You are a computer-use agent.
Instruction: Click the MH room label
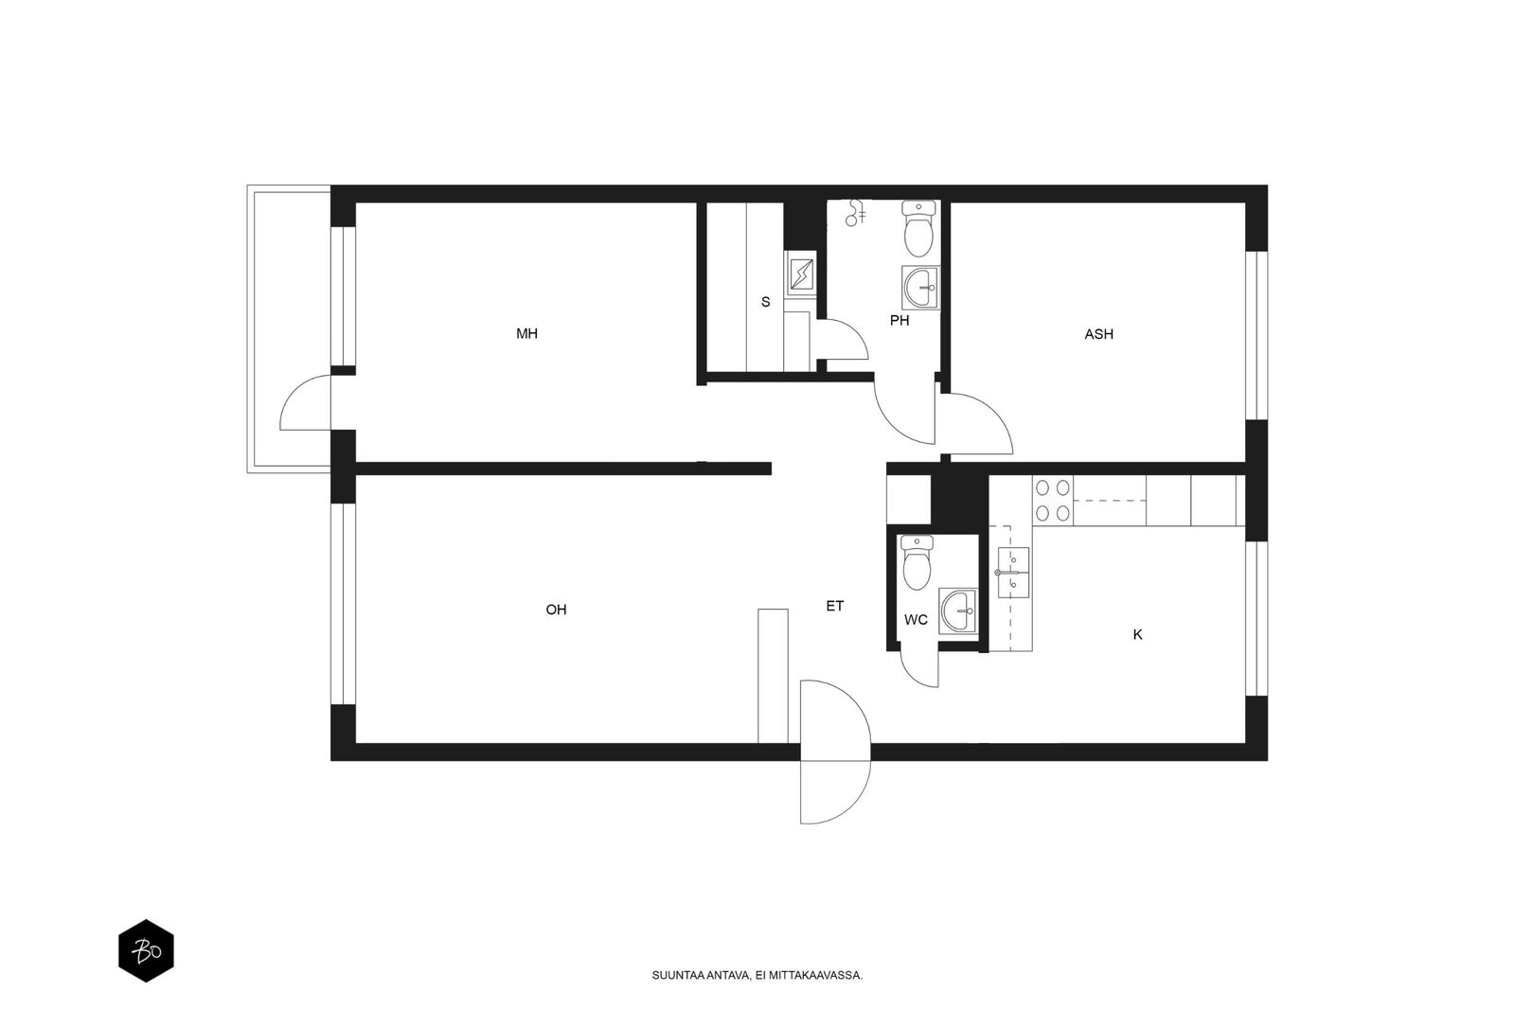click(526, 333)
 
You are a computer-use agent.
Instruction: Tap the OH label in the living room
click(556, 610)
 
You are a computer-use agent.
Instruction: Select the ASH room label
click(1098, 334)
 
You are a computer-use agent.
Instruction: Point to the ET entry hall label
click(834, 607)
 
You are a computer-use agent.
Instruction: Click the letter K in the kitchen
click(1137, 635)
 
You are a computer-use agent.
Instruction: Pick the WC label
click(916, 620)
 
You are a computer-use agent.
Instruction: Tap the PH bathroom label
click(899, 321)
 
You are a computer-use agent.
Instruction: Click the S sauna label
click(766, 302)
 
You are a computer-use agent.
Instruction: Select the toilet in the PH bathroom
click(918, 228)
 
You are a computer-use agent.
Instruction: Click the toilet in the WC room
click(918, 562)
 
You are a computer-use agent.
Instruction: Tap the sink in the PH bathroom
click(920, 288)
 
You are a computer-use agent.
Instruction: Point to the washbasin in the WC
click(957, 611)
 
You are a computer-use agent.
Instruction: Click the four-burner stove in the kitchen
click(1052, 501)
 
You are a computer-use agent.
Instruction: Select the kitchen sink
click(1013, 573)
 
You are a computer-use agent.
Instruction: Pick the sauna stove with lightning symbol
click(801, 274)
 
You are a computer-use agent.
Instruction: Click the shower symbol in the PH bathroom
click(856, 213)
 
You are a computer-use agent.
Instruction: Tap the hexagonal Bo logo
click(146, 951)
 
